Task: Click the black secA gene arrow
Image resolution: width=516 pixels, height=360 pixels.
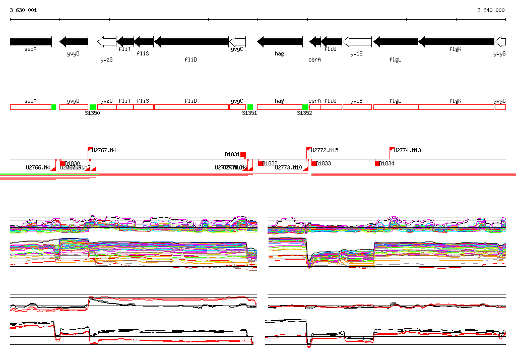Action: (x=30, y=41)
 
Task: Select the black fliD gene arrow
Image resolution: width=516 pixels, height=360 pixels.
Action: (x=191, y=41)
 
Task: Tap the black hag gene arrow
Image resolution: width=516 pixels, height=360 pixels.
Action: (x=280, y=41)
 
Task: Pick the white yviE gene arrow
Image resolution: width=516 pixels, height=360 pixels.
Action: (x=357, y=41)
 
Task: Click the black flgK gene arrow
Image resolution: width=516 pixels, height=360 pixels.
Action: (x=456, y=41)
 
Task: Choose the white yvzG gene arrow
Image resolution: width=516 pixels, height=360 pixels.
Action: (x=106, y=41)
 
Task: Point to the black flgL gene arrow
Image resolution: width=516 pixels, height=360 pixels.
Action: (x=396, y=41)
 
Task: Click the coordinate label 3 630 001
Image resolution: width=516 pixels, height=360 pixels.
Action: (x=23, y=10)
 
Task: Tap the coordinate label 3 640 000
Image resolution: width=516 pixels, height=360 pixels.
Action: (x=491, y=10)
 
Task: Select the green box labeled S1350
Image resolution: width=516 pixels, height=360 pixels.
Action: (x=93, y=107)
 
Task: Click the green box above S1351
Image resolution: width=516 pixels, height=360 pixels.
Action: (x=250, y=107)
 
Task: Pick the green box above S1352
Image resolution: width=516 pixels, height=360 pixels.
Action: (x=305, y=107)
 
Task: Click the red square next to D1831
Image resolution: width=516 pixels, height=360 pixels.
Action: (x=243, y=154)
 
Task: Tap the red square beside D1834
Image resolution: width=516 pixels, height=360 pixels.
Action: (x=377, y=163)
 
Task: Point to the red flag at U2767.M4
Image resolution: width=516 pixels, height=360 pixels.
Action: (x=90, y=149)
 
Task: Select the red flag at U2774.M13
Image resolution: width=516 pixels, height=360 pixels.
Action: (x=392, y=149)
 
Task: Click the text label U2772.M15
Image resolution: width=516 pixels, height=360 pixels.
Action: (x=325, y=150)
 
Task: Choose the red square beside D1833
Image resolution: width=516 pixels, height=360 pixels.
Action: (x=314, y=163)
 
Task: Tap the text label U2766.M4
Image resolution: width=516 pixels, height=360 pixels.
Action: (x=38, y=167)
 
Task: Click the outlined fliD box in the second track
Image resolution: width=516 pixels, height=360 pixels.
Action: (x=191, y=107)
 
